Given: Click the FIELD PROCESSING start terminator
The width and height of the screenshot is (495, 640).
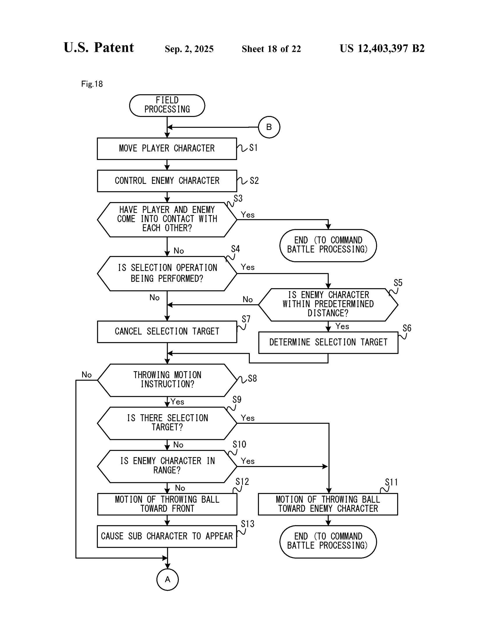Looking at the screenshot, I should [x=167, y=105].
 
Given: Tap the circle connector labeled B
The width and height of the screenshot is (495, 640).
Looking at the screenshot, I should [x=269, y=127].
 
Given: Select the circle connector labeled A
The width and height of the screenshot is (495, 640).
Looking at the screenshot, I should [x=167, y=579].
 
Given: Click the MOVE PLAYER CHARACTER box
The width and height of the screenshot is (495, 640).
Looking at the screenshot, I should [x=167, y=149].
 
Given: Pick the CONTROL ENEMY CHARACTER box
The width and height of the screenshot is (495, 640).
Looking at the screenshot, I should [x=167, y=181].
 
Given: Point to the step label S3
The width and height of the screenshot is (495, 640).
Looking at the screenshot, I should [x=238, y=199].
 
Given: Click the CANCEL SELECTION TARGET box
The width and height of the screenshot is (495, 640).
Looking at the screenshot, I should [x=167, y=331].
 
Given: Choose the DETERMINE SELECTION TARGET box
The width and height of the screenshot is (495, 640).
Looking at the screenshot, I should [x=328, y=342].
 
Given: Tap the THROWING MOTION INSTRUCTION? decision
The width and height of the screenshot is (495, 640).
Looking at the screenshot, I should [x=167, y=380].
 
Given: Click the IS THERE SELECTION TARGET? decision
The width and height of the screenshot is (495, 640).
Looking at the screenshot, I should [x=167, y=423].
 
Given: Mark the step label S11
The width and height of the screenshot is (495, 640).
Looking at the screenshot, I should [x=391, y=482].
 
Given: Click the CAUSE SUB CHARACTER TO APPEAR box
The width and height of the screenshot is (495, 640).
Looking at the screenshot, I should [x=167, y=536].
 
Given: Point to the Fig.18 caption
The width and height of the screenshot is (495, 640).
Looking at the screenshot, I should [x=92, y=84].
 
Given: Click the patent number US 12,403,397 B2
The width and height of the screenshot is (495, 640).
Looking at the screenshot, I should [x=382, y=49].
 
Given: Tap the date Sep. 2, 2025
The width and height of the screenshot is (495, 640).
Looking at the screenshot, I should [x=189, y=49].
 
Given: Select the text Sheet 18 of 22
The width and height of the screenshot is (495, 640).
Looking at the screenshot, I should [x=271, y=49].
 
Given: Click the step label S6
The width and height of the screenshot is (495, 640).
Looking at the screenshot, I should [x=407, y=328].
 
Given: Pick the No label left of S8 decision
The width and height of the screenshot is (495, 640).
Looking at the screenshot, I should [x=86, y=375].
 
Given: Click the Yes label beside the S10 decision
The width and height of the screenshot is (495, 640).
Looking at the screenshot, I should [x=248, y=461].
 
